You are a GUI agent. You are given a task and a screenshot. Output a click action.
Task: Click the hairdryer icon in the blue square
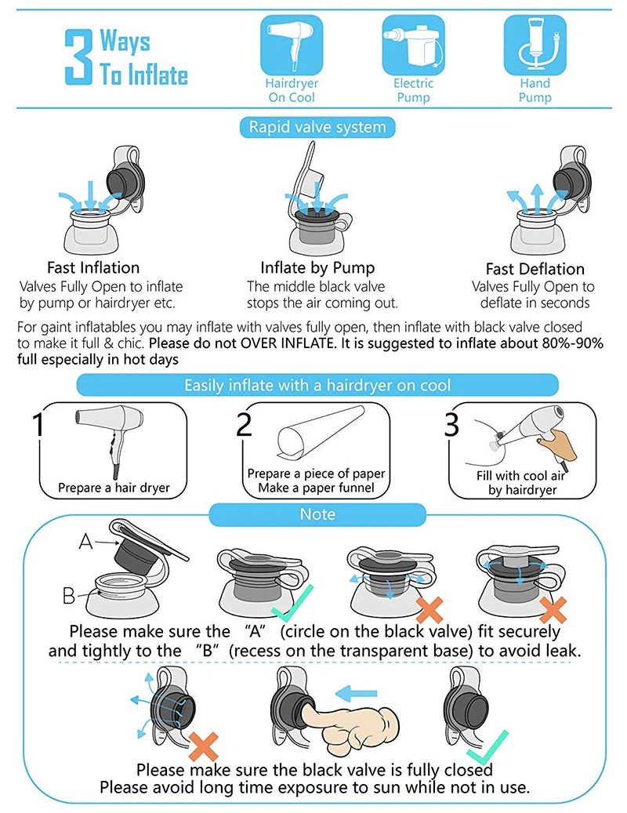pos(292,45)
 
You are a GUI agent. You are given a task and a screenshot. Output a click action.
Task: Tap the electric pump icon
pos(414,45)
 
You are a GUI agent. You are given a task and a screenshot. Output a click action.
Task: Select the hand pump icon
pos(535,45)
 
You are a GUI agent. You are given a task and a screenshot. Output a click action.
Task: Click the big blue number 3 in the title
pos(78,56)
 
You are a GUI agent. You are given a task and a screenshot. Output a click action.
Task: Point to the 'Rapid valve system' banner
pos(317,127)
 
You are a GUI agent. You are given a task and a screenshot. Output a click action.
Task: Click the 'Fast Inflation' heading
pos(93,267)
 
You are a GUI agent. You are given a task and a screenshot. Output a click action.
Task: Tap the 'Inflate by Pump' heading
pos(317,267)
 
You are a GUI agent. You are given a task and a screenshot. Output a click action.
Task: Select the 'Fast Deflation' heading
pos(535,269)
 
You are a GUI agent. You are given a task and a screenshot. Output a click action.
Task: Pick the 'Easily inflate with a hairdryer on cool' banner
pos(317,385)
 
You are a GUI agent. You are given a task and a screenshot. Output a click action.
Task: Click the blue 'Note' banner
pos(317,514)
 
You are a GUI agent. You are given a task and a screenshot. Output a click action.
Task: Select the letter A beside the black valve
pos(85,541)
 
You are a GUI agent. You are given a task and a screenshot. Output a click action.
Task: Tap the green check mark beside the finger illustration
pos(487,746)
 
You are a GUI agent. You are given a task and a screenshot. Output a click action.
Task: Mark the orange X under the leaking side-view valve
pos(203,746)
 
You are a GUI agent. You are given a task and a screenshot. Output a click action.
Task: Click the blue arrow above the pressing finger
pos(356,693)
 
